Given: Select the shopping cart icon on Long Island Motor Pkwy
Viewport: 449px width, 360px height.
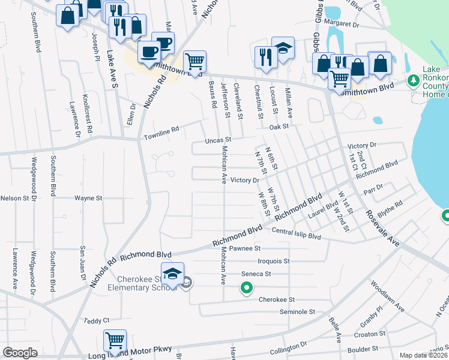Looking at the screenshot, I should (114, 340).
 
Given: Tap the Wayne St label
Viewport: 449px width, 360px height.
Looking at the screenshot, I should (89, 197).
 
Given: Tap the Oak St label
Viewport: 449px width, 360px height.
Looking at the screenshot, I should (279, 127).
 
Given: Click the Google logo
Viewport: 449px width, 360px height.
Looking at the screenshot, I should (20, 353).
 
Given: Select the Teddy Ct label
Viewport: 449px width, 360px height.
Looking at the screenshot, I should (97, 321).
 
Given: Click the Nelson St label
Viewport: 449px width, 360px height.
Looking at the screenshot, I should (14, 198).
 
